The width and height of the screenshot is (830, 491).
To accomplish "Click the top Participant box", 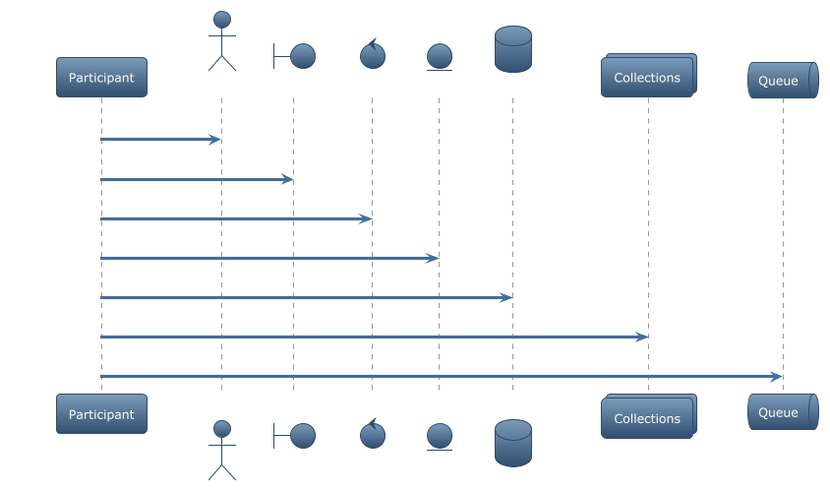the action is (101, 78).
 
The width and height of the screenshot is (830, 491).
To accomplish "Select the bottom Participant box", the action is (101, 413).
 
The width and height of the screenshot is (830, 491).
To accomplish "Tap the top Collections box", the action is (648, 76).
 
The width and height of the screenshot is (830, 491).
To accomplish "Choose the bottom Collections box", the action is (648, 416).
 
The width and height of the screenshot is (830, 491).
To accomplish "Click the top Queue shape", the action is (783, 80).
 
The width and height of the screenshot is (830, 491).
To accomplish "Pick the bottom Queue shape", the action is (783, 411).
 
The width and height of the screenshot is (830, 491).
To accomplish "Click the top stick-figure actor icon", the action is (222, 40).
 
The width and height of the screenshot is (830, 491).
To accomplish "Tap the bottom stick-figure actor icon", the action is (222, 451).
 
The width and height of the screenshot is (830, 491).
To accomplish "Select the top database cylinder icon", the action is (513, 49).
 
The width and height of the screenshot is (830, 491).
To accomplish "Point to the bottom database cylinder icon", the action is (513, 444).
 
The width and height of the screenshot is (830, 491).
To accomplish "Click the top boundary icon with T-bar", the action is (294, 56).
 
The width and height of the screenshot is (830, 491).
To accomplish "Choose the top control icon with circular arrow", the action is (373, 54).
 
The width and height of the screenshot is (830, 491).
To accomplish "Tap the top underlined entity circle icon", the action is (440, 57).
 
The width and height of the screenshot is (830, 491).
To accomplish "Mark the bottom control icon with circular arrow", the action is (373, 433).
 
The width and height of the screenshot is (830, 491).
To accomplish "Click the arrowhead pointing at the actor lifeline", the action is (214, 140).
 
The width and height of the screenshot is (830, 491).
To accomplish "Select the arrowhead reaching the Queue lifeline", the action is (776, 377).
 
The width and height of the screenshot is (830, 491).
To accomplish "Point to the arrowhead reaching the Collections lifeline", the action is (641, 337).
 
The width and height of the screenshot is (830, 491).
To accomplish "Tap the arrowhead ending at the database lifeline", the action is (505, 298).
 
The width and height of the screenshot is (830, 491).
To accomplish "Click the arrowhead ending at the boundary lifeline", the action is (286, 179).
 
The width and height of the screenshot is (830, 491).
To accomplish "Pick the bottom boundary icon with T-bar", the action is (294, 436).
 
